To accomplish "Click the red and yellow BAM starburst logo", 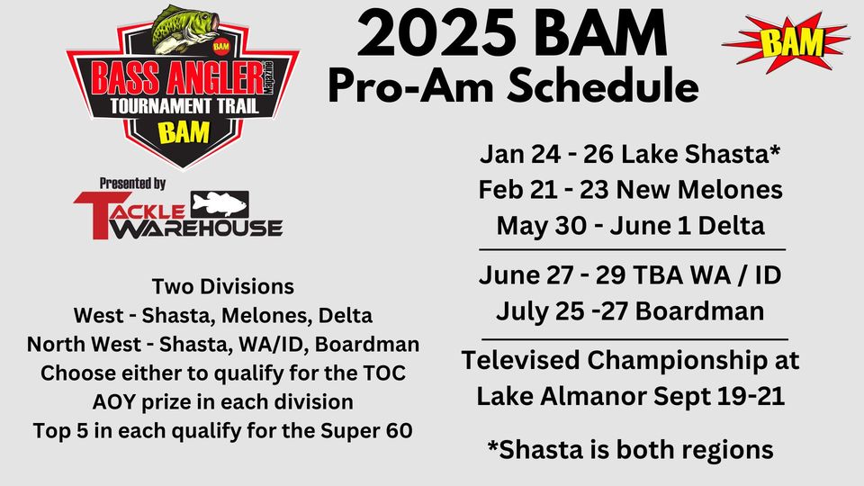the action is pyautogui.click(x=785, y=42).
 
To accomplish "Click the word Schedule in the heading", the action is pyautogui.click(x=602, y=85).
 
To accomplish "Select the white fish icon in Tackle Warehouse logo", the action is pyautogui.click(x=220, y=204).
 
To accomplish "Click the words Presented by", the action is pyautogui.click(x=133, y=184).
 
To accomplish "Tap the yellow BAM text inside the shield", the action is pyautogui.click(x=184, y=133).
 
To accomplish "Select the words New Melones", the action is pyautogui.click(x=699, y=190).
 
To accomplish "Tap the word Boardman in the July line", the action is pyautogui.click(x=699, y=310).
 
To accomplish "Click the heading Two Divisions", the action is pyautogui.click(x=222, y=286).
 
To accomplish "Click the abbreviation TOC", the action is pyautogui.click(x=384, y=373).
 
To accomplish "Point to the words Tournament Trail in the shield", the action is pyautogui.click(x=184, y=106).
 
